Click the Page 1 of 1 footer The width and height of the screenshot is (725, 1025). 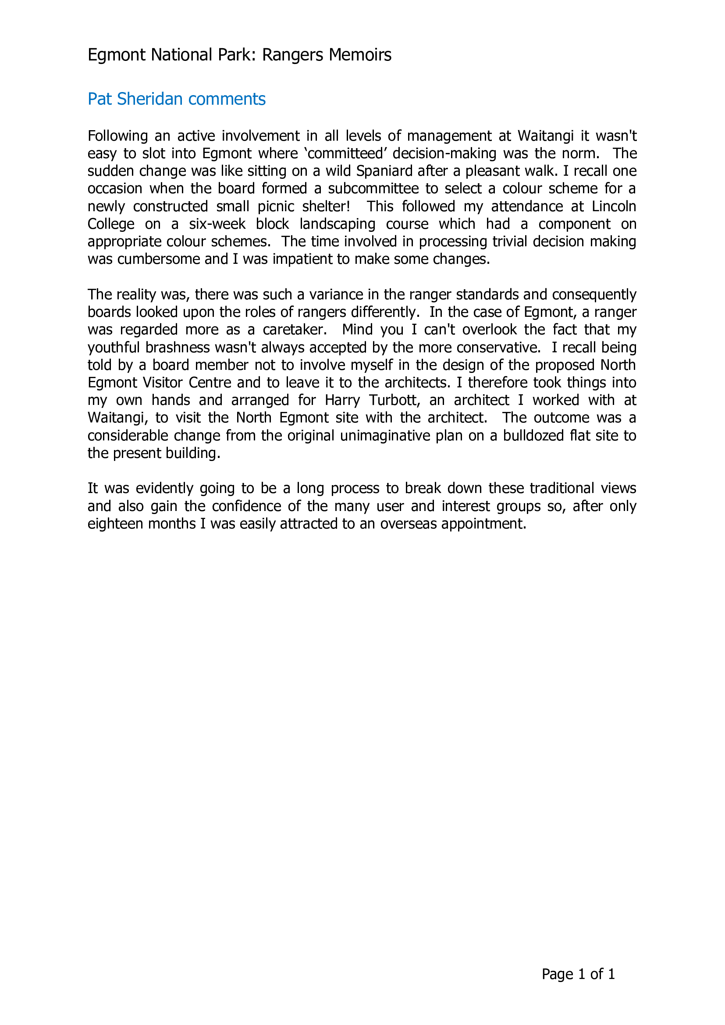(x=578, y=974)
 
